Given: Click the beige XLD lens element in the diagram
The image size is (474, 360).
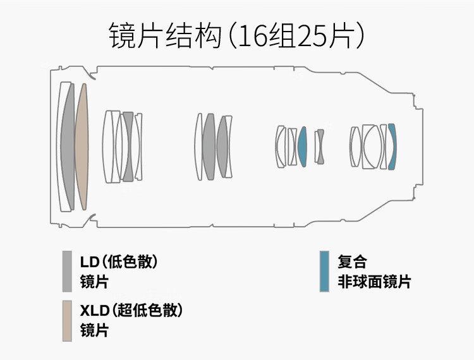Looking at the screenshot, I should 81,147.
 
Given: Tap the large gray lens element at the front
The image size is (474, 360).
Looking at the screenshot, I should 68,147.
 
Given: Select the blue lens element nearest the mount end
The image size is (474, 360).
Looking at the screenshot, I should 392,147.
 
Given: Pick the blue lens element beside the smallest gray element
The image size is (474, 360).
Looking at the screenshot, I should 302,147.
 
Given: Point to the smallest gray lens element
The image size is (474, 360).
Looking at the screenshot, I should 320,147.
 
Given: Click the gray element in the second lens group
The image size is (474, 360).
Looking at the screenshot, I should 128,147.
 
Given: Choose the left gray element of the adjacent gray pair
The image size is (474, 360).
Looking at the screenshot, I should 209,147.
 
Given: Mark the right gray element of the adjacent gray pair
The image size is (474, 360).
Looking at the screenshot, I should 222,147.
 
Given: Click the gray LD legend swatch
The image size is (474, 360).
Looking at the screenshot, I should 67,272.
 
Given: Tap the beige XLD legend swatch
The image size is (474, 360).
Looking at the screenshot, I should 67,321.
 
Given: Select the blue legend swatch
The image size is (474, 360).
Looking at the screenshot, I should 324,272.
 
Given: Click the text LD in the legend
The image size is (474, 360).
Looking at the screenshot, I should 90,261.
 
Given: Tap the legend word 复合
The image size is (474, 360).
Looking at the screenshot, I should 352,261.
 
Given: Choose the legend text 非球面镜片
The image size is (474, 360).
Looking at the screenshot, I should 374,282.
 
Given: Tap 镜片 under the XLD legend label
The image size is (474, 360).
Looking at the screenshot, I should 94,330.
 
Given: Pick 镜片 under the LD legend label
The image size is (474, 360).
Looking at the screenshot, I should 94,282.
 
